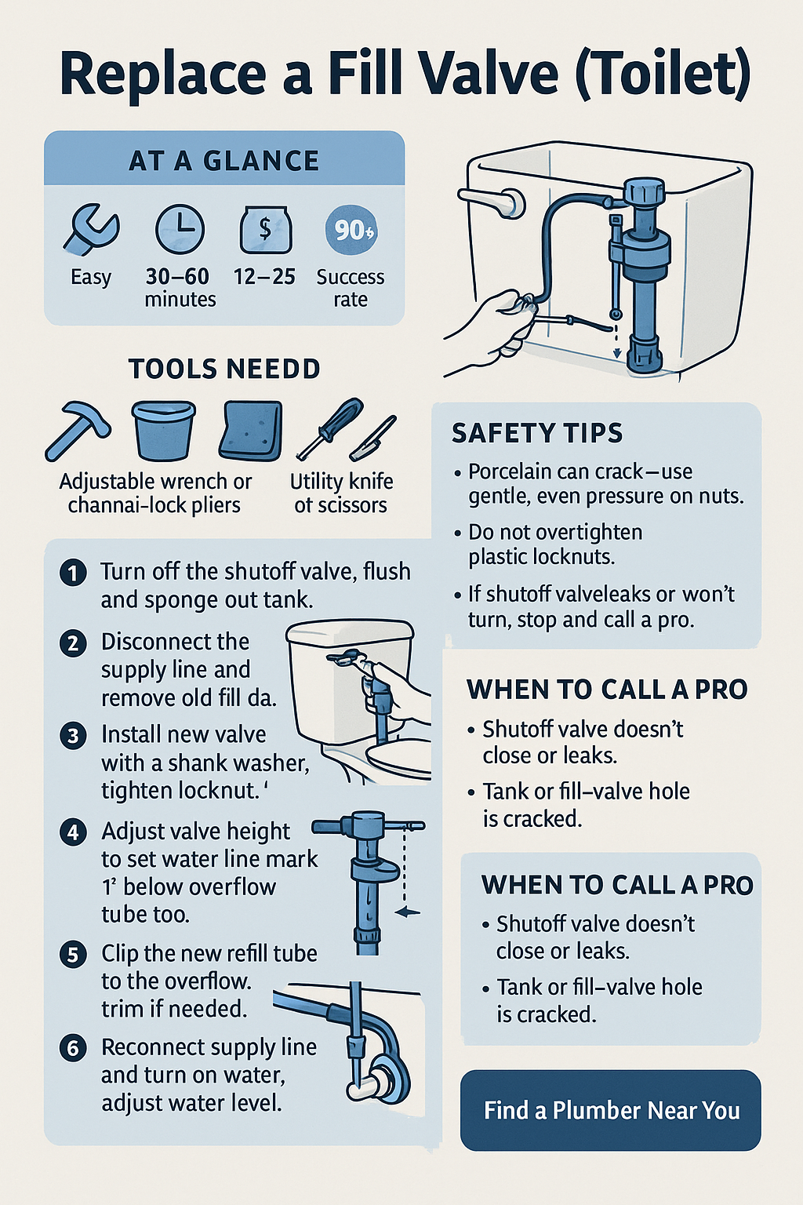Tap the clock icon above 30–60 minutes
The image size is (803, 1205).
[180, 228]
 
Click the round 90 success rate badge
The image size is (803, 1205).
[352, 230]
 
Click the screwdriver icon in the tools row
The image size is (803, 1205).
[330, 428]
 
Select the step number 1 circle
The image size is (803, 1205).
[73, 573]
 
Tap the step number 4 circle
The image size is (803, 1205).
[73, 832]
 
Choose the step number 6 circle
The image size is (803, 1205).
[73, 1049]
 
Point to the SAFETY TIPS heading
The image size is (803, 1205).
[536, 433]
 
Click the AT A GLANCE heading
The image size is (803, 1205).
[224, 161]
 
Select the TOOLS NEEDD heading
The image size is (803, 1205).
[224, 369]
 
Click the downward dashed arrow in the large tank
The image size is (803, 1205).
[617, 341]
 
